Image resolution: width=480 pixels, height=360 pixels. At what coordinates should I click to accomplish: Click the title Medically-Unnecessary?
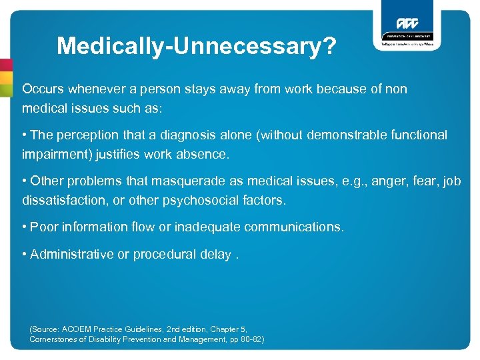[x=197, y=46]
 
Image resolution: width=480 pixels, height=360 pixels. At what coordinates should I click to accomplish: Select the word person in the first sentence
[x=161, y=89]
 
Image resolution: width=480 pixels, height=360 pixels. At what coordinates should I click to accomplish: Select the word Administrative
[x=72, y=254]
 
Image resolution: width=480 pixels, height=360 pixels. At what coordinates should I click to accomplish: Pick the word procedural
[x=163, y=254]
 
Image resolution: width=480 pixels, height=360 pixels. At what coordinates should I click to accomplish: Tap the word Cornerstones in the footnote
[x=56, y=339]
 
